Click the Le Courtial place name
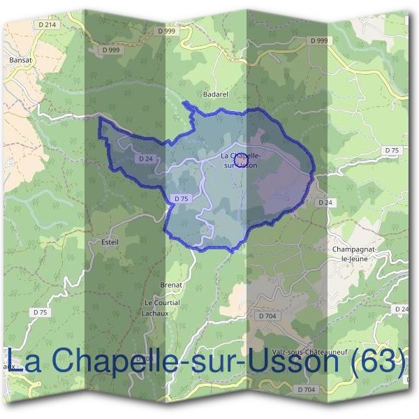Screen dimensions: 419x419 pyautogui.click(x=162, y=302)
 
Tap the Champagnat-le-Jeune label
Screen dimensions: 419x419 pyautogui.click(x=357, y=253)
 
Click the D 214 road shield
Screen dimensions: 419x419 pyautogui.click(x=48, y=25)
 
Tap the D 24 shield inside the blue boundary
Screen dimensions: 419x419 pyautogui.click(x=145, y=159)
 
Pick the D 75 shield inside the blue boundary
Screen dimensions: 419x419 pyautogui.click(x=180, y=199)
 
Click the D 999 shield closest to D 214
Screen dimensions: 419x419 pyautogui.click(x=111, y=50)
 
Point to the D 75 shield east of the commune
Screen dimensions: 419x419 pyautogui.click(x=391, y=151)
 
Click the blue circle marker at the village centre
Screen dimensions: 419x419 pyautogui.click(x=240, y=161)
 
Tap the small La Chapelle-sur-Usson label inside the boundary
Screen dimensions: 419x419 pyautogui.click(x=240, y=160)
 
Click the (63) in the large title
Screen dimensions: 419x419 pyautogui.click(x=378, y=362)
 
